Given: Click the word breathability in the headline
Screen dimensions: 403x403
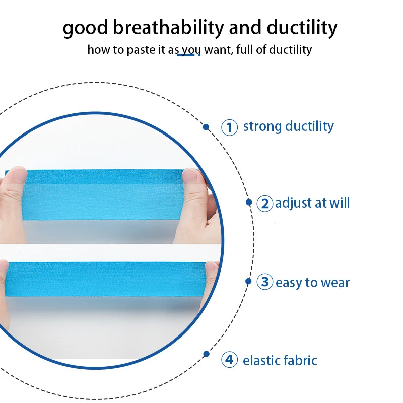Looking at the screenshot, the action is tap(168, 28).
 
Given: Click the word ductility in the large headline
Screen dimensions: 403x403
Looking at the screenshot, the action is tap(302, 28).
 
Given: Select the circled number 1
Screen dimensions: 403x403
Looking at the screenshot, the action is tap(229, 127).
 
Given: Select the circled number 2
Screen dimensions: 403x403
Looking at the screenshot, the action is tap(265, 204).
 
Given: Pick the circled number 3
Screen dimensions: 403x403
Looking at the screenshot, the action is tap(265, 282).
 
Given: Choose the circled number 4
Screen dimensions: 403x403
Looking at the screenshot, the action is tap(229, 359).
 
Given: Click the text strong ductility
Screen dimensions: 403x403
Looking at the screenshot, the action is tap(288, 126).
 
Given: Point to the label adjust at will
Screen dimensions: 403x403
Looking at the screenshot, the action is tap(312, 203).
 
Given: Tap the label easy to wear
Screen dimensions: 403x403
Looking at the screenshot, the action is tap(312, 283).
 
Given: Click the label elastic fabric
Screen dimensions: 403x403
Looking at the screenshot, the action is tap(280, 360).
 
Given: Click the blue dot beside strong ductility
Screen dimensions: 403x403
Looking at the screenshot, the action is tap(206, 127).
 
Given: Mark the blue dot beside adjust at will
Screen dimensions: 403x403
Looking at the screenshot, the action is tap(249, 203).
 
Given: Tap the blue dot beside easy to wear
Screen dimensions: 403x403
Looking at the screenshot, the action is tap(248, 281).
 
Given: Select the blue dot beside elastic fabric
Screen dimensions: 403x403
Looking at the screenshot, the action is tap(206, 354).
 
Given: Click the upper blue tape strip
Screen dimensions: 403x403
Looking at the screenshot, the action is tap(103, 194).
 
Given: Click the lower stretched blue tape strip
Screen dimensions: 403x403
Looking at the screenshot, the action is tap(108, 279).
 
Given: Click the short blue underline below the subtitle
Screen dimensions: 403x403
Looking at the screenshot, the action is tap(185, 55).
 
